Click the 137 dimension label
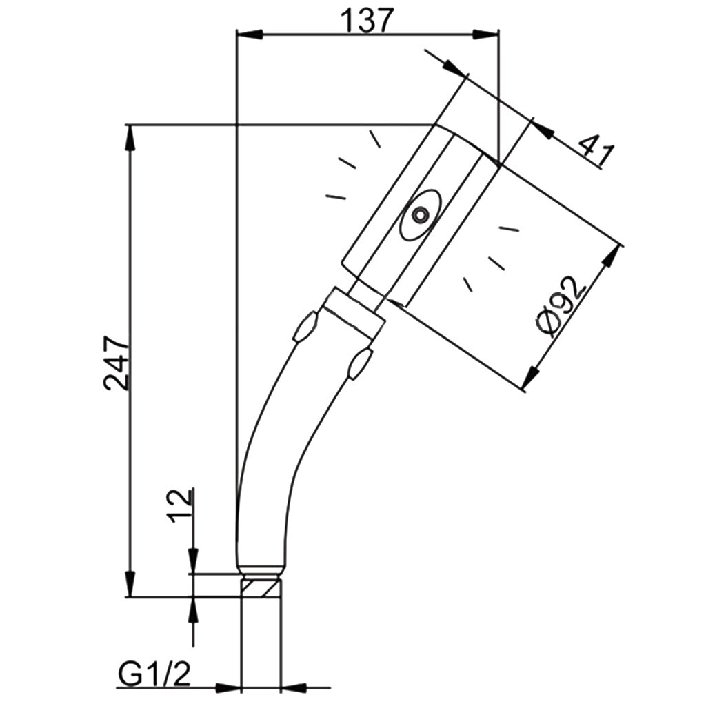tap(367, 20)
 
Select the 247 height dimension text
tap(117, 363)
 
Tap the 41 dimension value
tap(596, 150)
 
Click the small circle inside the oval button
tap(420, 215)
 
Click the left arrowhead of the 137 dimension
tap(249, 34)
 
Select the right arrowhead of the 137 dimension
tap(486, 34)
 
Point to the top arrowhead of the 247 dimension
tap(130, 138)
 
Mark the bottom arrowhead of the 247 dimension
tap(130, 584)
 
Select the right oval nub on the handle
tap(361, 363)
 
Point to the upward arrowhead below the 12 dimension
tap(193, 610)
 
